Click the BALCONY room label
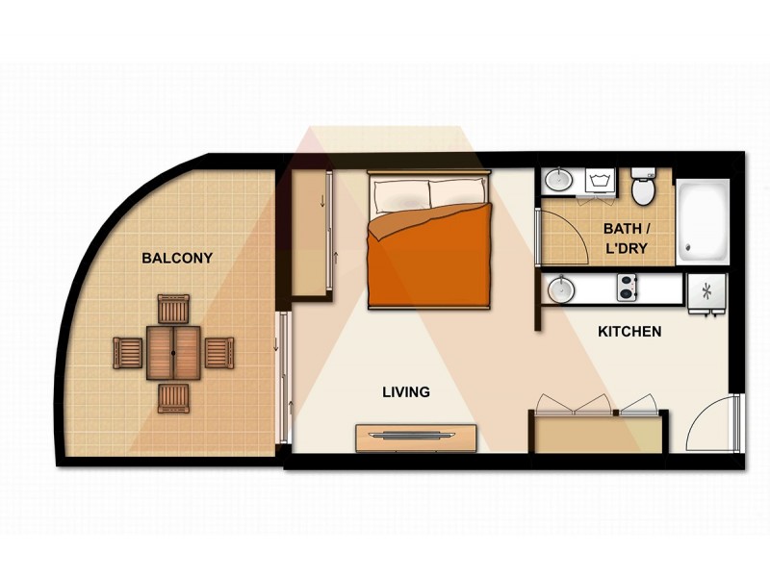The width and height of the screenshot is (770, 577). pyautogui.click(x=176, y=258)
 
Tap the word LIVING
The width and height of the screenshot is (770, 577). pyautogui.click(x=405, y=392)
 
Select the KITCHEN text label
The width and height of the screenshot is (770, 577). pyautogui.click(x=629, y=332)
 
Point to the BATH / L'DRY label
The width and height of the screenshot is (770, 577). pyautogui.click(x=625, y=238)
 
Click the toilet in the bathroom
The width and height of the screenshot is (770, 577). pyautogui.click(x=643, y=188)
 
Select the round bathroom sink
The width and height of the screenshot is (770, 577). pyautogui.click(x=557, y=180)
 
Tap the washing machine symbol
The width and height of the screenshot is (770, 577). pyautogui.click(x=600, y=181)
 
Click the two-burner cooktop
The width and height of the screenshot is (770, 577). pyautogui.click(x=627, y=288)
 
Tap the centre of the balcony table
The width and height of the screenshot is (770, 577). pyautogui.click(x=173, y=353)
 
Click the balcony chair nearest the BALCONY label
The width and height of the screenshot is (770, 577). pyautogui.click(x=174, y=310)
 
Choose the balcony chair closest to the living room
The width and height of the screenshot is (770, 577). pyautogui.click(x=218, y=353)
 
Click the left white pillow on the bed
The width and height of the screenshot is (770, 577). pyautogui.click(x=401, y=195)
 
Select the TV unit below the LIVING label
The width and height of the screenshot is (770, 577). pyautogui.click(x=416, y=437)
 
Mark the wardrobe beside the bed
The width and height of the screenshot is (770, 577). pyautogui.click(x=310, y=236)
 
